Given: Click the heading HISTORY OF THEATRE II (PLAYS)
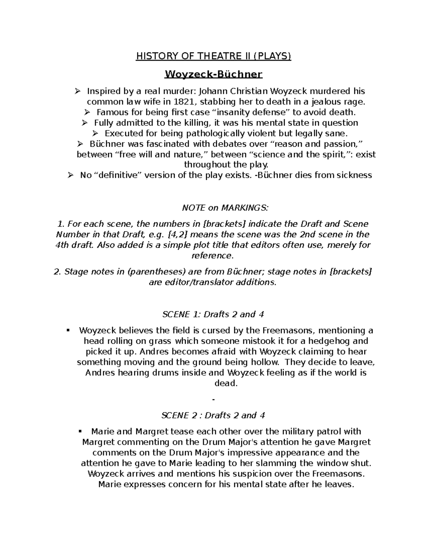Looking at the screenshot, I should tap(213, 56).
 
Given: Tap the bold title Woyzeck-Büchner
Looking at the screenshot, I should tap(213, 74).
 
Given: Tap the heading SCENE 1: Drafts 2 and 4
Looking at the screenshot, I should tap(213, 314).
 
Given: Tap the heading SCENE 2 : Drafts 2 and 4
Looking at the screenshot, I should tap(213, 416).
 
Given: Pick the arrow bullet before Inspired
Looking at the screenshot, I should tap(77, 92).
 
